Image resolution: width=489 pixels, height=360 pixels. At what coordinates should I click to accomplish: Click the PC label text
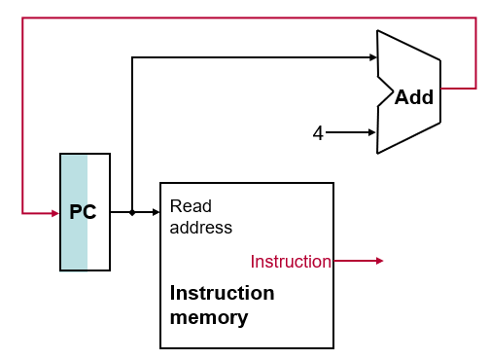point(83,212)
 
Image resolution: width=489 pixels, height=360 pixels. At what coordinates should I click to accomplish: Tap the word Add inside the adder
point(413,97)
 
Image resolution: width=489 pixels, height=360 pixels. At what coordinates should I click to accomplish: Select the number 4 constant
point(318,133)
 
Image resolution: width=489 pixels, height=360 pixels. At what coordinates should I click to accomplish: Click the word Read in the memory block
point(191,206)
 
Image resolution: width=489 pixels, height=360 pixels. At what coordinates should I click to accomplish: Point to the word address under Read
point(201,228)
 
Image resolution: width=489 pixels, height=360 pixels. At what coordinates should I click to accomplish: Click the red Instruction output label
point(291,261)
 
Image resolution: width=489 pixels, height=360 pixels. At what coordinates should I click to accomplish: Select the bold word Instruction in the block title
point(222,293)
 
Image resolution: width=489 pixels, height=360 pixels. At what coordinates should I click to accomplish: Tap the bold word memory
point(209,317)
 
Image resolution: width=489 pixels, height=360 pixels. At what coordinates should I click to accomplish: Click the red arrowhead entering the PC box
point(54,212)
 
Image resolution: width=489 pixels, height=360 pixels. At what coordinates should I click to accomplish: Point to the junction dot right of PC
point(132,212)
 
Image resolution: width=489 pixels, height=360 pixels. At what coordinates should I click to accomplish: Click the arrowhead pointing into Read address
point(156,212)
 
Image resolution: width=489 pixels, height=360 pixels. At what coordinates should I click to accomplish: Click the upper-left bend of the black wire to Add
point(132,57)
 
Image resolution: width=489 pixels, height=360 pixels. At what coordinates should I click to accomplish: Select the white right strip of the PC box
point(99,212)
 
